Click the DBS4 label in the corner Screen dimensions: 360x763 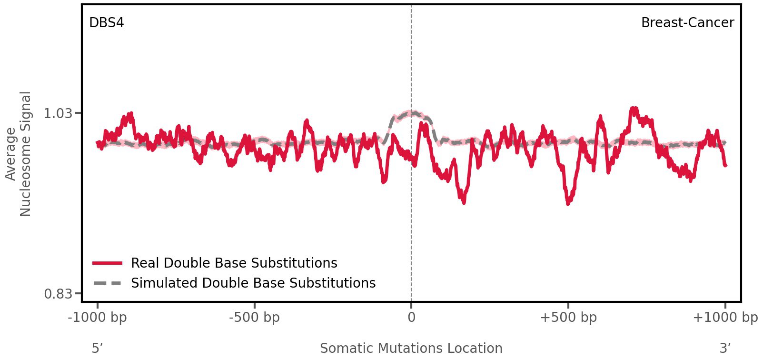pos(107,23)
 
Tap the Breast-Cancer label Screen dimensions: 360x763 pos(687,23)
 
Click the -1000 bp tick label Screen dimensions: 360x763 pos(98,318)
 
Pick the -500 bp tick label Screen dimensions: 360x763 pos(254,318)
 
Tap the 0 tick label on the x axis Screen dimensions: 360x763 pos(411,318)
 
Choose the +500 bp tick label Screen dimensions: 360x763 pos(568,318)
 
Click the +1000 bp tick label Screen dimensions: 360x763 pos(725,318)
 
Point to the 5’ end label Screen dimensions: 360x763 pos(98,348)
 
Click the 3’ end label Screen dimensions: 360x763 pos(725,348)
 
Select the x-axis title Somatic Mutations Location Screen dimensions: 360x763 pos(411,348)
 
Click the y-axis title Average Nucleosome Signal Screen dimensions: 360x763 pos(19,154)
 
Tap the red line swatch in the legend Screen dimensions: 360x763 pos(108,263)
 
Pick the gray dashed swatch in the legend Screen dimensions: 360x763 pos(108,283)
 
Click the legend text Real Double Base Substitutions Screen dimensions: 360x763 pos(234,263)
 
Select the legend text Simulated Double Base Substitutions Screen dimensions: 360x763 pos(253,283)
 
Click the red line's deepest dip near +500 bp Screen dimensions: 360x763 pos(568,202)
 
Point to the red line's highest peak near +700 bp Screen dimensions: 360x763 pos(633,109)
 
